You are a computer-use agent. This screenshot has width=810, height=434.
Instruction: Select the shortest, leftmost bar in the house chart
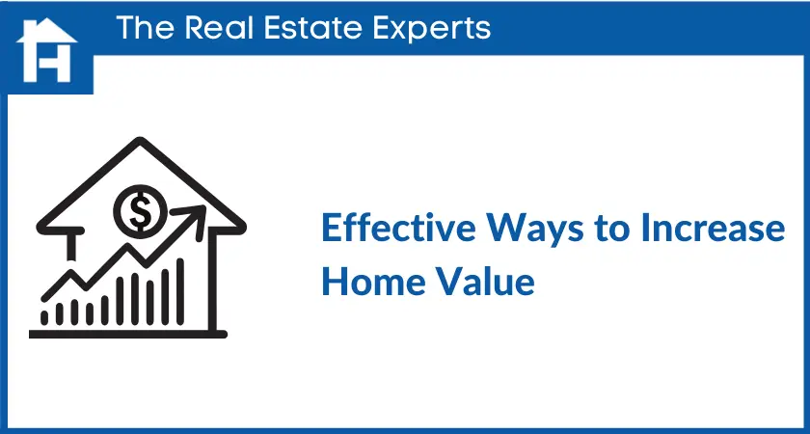click(x=45, y=315)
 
